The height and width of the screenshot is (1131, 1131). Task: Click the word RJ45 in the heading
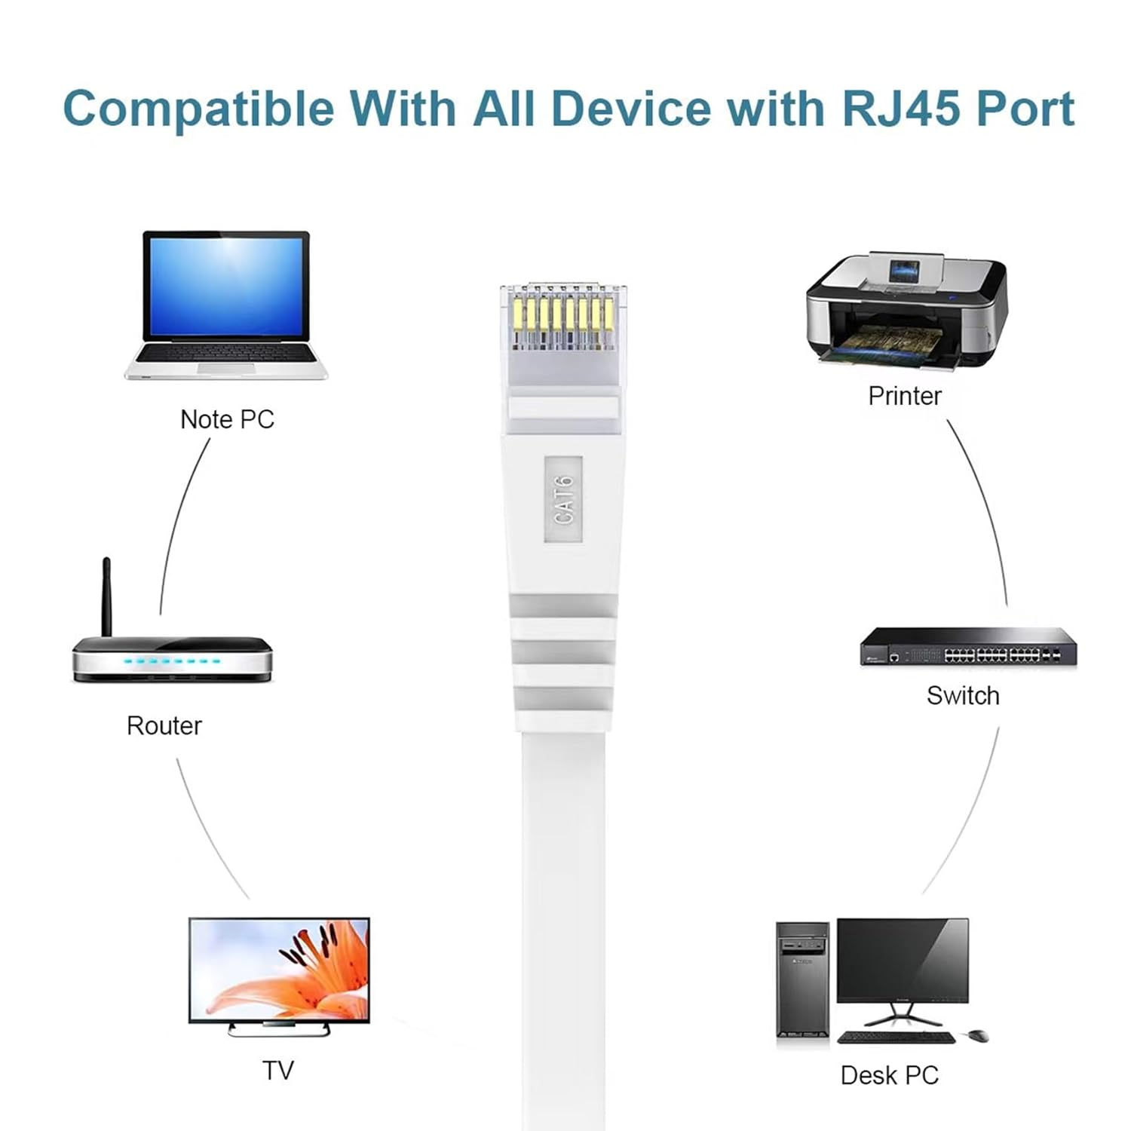pyautogui.click(x=900, y=109)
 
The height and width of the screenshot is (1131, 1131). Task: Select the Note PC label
pyautogui.click(x=227, y=419)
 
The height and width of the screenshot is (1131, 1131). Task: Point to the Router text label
pyautogui.click(x=164, y=725)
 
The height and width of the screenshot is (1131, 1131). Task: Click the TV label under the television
pyautogui.click(x=277, y=1070)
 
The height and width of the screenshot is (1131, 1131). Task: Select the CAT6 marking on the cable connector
pyautogui.click(x=563, y=499)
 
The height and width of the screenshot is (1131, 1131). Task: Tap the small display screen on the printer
pyautogui.click(x=904, y=273)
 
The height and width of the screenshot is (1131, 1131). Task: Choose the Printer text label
pyautogui.click(x=904, y=396)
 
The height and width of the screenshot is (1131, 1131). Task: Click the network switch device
pyautogui.click(x=968, y=647)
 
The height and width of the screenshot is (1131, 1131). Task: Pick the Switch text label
pyautogui.click(x=963, y=695)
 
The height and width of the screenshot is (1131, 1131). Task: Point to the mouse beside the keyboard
pyautogui.click(x=978, y=1035)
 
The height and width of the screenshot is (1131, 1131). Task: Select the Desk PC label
pyautogui.click(x=889, y=1075)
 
